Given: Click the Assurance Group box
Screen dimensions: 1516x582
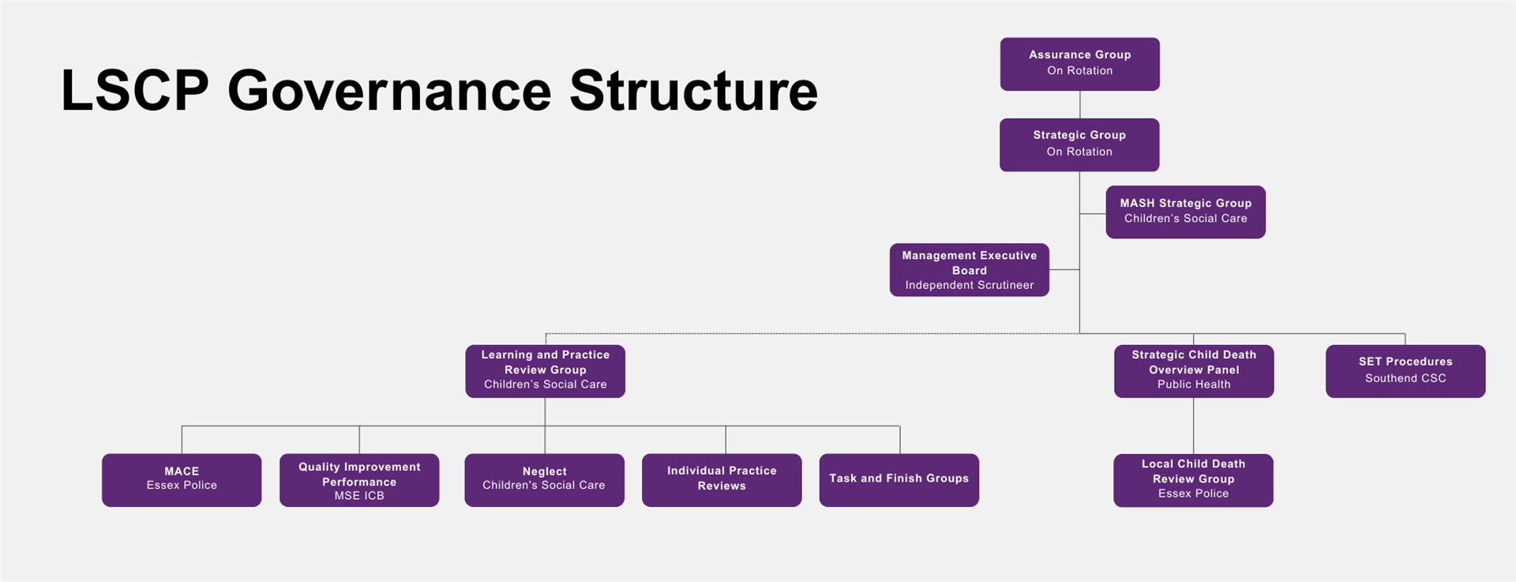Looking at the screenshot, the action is tap(1079, 64).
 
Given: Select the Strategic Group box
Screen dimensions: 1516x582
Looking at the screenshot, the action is tap(1079, 145).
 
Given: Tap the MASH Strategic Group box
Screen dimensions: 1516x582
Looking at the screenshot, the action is tap(1185, 212).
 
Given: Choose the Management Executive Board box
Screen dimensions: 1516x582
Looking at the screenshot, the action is tap(969, 270).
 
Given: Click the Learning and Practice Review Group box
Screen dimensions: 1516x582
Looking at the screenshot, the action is tap(545, 371).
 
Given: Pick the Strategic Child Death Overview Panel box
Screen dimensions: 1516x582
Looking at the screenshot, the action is tap(1194, 371).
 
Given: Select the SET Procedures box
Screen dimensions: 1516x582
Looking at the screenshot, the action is tap(1405, 371).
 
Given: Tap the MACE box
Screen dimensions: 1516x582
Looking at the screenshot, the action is tap(182, 480).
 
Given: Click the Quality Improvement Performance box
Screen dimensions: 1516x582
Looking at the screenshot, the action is tap(359, 480).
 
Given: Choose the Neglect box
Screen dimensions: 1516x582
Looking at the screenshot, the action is tap(544, 480).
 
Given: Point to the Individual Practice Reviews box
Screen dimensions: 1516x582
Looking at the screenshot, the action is tap(722, 480).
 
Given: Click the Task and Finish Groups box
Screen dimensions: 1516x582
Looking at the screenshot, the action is tap(899, 480).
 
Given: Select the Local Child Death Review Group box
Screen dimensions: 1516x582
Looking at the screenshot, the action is tap(1193, 480).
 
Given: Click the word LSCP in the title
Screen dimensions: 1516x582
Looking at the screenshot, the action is tap(135, 90).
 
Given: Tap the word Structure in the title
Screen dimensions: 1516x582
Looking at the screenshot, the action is tap(693, 90).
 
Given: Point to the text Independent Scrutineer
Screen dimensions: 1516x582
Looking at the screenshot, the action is tap(970, 285).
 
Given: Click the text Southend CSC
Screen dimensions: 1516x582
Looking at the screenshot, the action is tap(1405, 378).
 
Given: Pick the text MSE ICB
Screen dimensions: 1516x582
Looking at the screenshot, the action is tap(359, 496).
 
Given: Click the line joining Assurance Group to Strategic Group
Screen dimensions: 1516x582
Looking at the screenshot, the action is tap(1079, 104).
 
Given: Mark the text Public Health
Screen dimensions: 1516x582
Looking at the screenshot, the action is tap(1194, 385).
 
